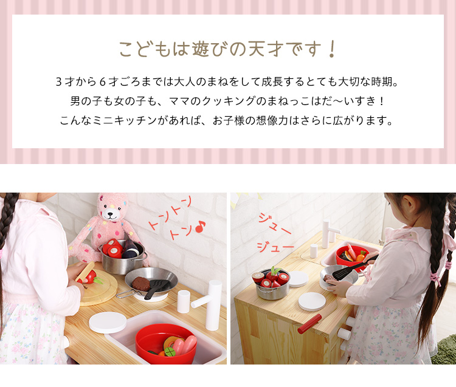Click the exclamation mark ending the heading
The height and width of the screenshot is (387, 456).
(x=331, y=49)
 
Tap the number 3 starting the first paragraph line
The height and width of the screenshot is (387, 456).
(x=58, y=82)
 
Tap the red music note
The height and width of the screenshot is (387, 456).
(x=200, y=227)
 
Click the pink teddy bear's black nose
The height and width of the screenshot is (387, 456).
(x=110, y=214)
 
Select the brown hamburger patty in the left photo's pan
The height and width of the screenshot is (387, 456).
(x=141, y=283)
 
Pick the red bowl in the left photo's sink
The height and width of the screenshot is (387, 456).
(x=166, y=343)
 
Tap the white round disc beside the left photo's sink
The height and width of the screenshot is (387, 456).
(x=108, y=323)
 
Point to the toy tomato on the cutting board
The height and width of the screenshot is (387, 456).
(x=90, y=277)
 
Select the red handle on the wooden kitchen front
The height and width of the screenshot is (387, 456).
(x=309, y=323)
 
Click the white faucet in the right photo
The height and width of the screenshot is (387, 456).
(x=330, y=234)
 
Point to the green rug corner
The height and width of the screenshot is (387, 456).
(x=444, y=349)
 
